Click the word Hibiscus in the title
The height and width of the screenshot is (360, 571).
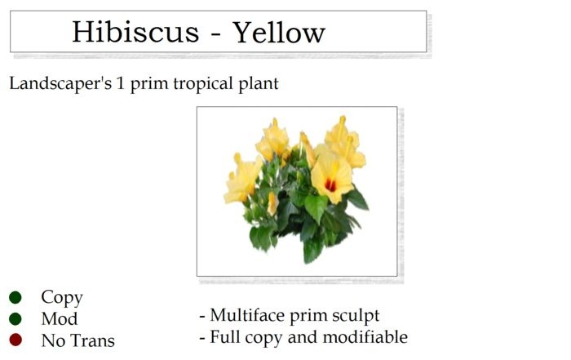[135, 33]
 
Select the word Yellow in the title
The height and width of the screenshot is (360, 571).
[280, 33]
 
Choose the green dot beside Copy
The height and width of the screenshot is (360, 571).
[15, 298]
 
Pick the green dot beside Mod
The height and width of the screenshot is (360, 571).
[15, 319]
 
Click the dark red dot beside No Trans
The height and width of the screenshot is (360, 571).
[15, 340]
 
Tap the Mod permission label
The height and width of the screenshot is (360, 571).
[60, 319]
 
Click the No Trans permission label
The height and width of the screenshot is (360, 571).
[78, 340]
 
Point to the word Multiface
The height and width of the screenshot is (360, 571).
[250, 316]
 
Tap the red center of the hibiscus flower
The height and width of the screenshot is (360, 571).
[330, 184]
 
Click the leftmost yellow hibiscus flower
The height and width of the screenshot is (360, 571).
[241, 180]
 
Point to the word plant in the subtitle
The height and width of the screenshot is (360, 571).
[258, 84]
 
